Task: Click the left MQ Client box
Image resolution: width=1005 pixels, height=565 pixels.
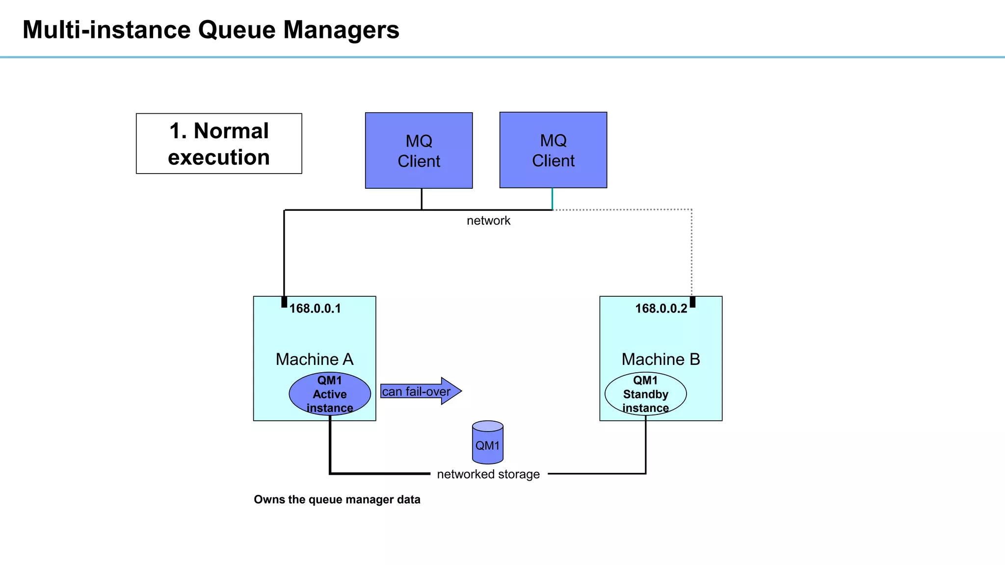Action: click(x=419, y=151)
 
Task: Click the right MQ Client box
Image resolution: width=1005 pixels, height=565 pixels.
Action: click(x=553, y=150)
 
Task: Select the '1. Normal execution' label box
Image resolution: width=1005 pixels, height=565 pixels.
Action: click(x=219, y=144)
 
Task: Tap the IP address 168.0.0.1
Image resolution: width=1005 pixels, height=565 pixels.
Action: click(x=315, y=308)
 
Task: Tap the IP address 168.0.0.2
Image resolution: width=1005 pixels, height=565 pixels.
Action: click(x=661, y=308)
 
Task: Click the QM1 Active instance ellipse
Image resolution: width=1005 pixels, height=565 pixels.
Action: click(x=330, y=394)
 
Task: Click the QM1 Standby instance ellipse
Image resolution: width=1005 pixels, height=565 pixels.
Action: click(x=645, y=394)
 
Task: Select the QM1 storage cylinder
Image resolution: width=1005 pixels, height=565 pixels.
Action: click(x=487, y=442)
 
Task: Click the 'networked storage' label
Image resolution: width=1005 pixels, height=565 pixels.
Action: click(x=488, y=474)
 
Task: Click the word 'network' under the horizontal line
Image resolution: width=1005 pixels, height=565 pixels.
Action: click(x=488, y=221)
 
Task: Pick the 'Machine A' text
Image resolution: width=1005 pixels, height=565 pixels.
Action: click(x=315, y=359)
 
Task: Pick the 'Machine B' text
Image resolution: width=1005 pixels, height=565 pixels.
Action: click(x=661, y=359)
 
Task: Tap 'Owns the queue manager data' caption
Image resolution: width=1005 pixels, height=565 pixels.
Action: click(x=337, y=499)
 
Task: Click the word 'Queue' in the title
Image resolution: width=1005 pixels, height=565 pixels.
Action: click(x=237, y=30)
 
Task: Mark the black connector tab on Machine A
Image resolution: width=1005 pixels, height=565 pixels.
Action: click(x=284, y=302)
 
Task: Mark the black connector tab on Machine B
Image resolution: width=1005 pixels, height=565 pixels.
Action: click(x=692, y=302)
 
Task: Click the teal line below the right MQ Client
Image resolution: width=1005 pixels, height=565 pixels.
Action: click(x=552, y=199)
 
